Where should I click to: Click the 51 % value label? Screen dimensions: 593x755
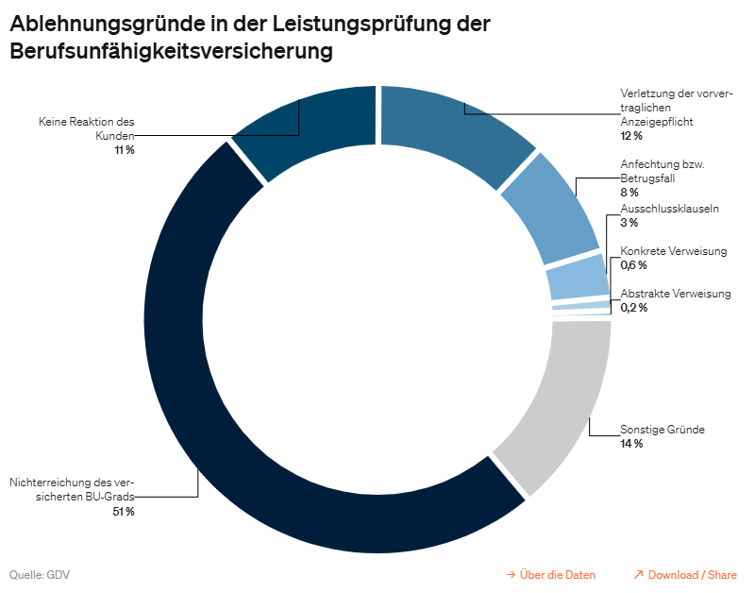pos(124,511)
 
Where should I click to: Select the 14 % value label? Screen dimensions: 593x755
pos(631,443)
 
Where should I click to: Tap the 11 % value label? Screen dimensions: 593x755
pos(124,150)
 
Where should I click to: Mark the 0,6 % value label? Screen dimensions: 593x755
pos(633,265)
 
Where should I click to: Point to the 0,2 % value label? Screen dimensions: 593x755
pos(633,308)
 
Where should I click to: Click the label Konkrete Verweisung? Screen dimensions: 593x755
pos(673,251)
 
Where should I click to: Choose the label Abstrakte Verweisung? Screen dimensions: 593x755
pos(675,294)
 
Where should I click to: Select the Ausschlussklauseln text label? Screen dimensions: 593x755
pos(669,209)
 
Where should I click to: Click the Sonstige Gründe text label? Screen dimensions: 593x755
pos(662,430)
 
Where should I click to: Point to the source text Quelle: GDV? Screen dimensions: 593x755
pos(40,574)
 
